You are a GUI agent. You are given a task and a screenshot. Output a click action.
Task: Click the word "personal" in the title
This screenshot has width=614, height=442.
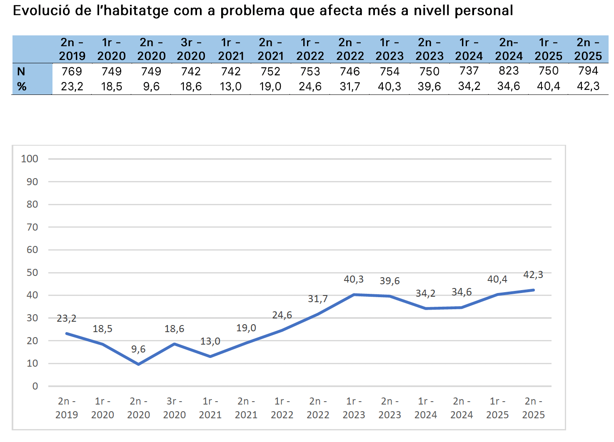[484, 10]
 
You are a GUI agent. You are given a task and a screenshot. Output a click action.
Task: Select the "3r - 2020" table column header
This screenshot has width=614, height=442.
[191, 49]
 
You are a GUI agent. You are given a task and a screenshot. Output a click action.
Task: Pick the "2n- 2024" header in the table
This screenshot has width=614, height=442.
[509, 49]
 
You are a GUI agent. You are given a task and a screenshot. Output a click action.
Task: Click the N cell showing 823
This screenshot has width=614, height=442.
[509, 71]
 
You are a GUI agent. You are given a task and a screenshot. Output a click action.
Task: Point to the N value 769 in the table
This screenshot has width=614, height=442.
[72, 72]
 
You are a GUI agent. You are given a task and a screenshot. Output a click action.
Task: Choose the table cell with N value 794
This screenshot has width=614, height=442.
[588, 71]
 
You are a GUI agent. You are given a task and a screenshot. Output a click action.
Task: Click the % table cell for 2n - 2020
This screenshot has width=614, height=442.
[151, 87]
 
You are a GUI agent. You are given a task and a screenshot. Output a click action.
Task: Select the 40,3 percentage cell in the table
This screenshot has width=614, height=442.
[389, 87]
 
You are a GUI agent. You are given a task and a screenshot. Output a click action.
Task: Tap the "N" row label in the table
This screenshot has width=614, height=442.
[21, 72]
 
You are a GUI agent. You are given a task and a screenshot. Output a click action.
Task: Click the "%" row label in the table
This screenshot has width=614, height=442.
[22, 87]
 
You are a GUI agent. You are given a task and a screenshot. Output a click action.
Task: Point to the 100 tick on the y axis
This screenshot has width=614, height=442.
[30, 159]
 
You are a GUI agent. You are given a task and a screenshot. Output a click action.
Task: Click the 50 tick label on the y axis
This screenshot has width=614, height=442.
[32, 273]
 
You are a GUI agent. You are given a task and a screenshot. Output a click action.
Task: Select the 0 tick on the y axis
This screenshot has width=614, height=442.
[35, 386]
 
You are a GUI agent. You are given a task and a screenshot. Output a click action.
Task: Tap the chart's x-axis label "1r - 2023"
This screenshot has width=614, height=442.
[354, 408]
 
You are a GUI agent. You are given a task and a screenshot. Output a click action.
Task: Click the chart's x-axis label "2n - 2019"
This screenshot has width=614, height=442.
[67, 408]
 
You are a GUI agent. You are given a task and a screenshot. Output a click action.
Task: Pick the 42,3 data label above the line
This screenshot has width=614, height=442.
[533, 275]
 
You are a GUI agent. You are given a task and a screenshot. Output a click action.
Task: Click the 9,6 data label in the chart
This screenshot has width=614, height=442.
[138, 349]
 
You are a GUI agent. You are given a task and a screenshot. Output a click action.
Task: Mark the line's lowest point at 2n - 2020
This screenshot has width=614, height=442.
[139, 364]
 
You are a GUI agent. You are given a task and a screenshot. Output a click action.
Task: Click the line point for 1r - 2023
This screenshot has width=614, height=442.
[354, 295]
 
